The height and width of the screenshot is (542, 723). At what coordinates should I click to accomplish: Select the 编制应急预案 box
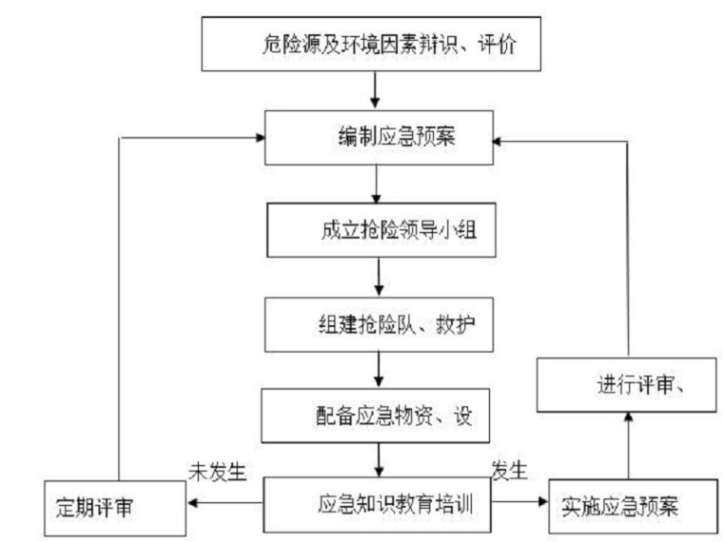pyautogui.click(x=378, y=137)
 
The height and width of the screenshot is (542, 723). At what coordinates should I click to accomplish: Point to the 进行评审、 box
pyautogui.click(x=629, y=383)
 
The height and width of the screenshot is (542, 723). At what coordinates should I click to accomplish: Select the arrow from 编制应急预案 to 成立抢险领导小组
pyautogui.click(x=379, y=183)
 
